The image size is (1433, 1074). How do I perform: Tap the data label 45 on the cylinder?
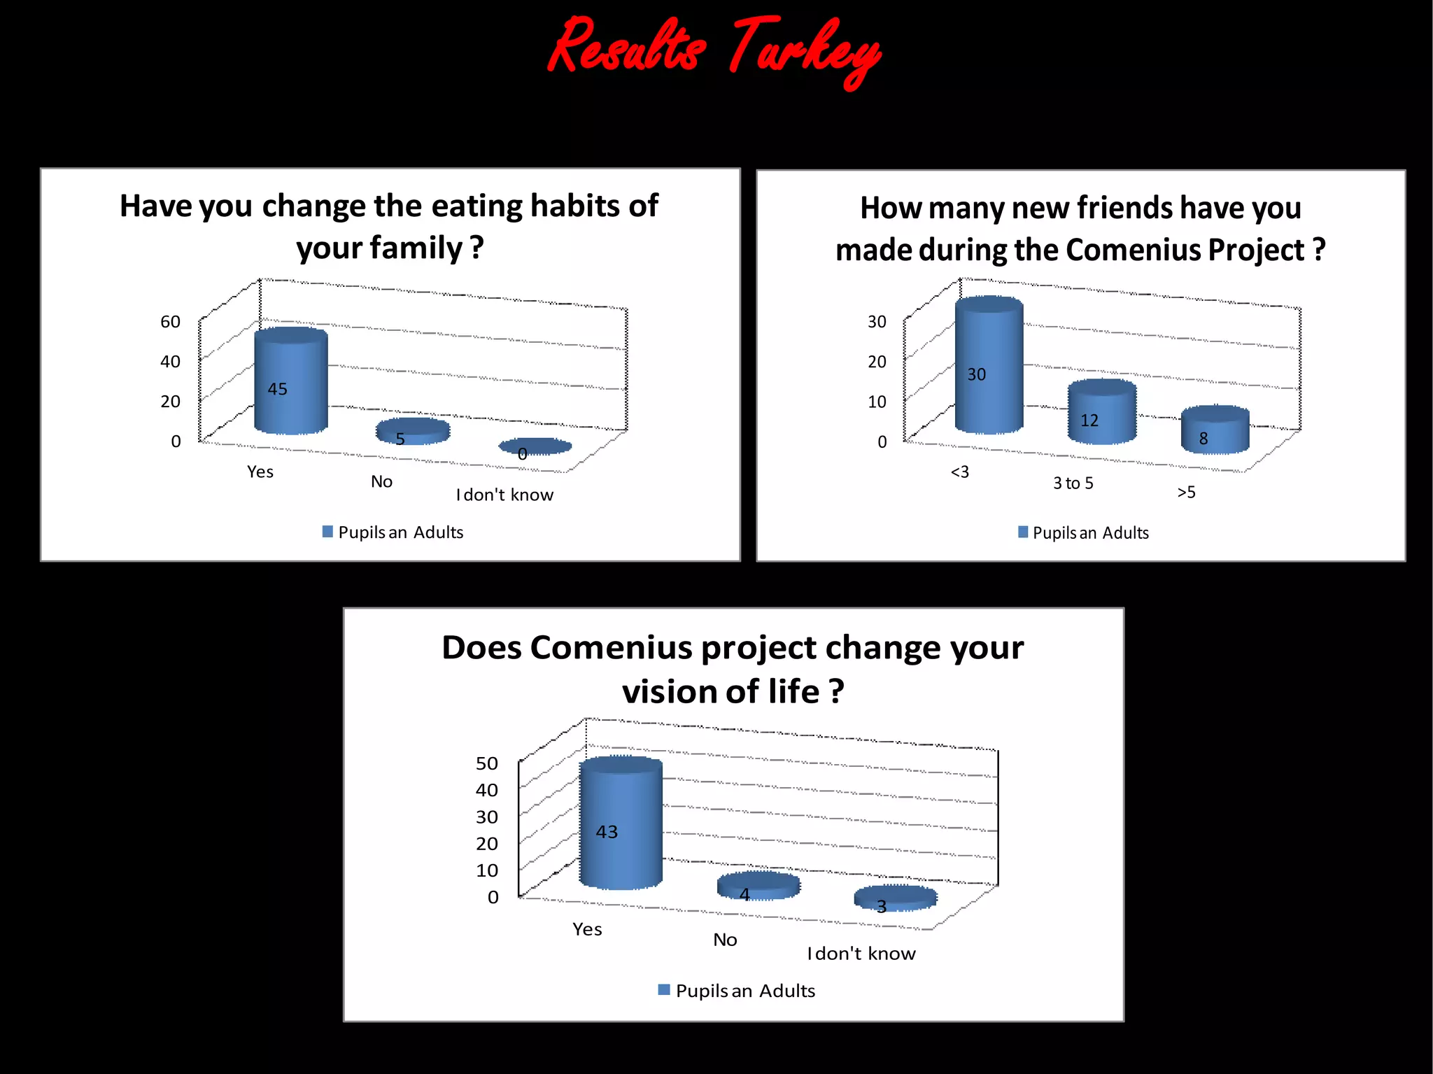pyautogui.click(x=277, y=389)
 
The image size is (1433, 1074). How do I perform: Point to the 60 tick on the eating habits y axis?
pyautogui.click(x=170, y=322)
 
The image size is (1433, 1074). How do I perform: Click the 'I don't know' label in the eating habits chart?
pyautogui.click(x=504, y=495)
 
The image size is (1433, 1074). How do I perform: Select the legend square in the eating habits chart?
pyautogui.click(x=327, y=532)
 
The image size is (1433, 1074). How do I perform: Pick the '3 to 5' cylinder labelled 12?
pyautogui.click(x=1101, y=413)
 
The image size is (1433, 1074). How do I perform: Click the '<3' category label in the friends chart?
pyautogui.click(x=959, y=472)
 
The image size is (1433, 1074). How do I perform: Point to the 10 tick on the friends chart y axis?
pyautogui.click(x=877, y=402)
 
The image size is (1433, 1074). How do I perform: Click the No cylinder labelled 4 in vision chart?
pyautogui.click(x=758, y=886)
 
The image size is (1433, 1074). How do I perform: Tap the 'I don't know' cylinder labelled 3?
pyautogui.click(x=896, y=898)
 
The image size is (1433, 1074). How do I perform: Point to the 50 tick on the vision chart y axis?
pyautogui.click(x=487, y=763)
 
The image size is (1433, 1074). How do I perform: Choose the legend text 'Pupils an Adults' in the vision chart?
pyautogui.click(x=745, y=991)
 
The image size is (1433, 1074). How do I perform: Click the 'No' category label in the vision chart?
pyautogui.click(x=725, y=940)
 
